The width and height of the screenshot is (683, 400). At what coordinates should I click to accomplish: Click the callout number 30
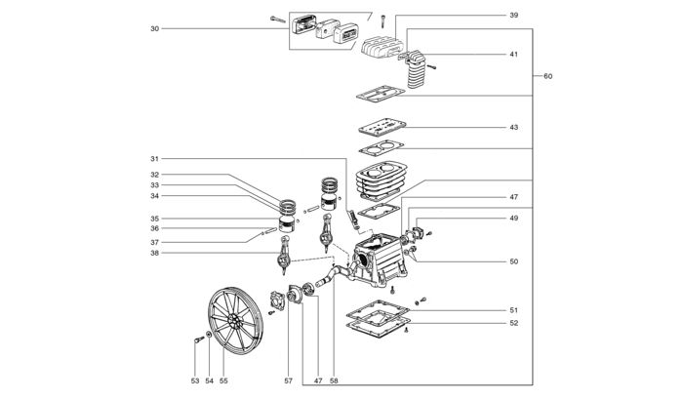pos(154,28)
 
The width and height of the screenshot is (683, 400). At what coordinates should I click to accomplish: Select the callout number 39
pos(514,16)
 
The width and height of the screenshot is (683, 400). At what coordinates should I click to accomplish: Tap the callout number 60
pos(548,76)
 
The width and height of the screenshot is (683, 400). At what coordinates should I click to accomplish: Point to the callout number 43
pos(514,128)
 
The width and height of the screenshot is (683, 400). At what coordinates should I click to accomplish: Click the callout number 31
pos(154,159)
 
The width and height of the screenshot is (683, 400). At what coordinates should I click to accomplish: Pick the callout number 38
pos(154,253)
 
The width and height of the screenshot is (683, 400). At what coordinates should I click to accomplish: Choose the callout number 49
pos(514,219)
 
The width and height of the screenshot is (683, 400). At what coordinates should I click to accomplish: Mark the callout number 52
pos(514,323)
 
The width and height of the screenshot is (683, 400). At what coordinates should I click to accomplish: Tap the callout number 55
pos(223,380)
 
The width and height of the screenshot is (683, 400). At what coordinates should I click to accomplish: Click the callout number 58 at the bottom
pos(334,380)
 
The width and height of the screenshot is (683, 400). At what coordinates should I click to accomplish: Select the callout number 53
pos(195,380)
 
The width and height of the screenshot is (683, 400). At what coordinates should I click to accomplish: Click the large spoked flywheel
pos(236,321)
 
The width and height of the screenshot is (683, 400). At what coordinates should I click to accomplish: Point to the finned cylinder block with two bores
pos(382,180)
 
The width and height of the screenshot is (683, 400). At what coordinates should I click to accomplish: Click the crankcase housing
pos(379,260)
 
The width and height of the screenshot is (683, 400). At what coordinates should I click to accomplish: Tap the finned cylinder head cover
pos(383,48)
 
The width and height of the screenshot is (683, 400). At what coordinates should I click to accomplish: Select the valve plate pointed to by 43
pos(382,127)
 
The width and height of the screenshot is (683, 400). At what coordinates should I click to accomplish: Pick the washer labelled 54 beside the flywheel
pos(209,335)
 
